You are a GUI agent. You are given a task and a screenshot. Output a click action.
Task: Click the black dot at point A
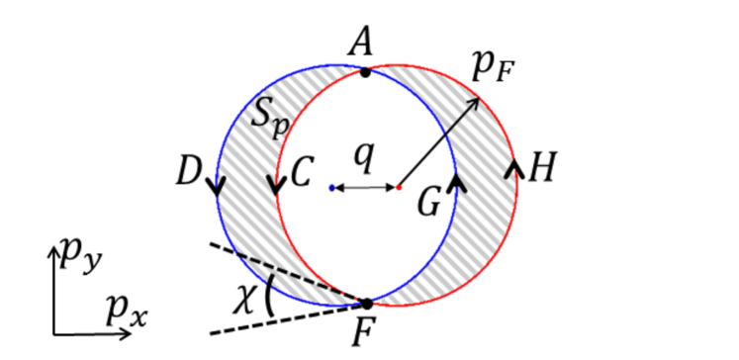coord(366,71)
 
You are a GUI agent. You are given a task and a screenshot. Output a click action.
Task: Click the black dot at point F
coord(366,304)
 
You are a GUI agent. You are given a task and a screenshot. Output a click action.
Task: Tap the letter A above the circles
coord(362,42)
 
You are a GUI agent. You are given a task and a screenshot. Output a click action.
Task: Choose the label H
coord(540,170)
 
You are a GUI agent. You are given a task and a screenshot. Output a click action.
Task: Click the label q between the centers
coord(365,155)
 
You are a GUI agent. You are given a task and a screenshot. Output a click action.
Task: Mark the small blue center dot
coord(330,187)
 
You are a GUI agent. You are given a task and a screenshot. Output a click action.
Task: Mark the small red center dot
coord(398,187)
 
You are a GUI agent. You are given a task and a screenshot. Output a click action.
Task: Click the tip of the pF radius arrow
coord(479,98)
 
